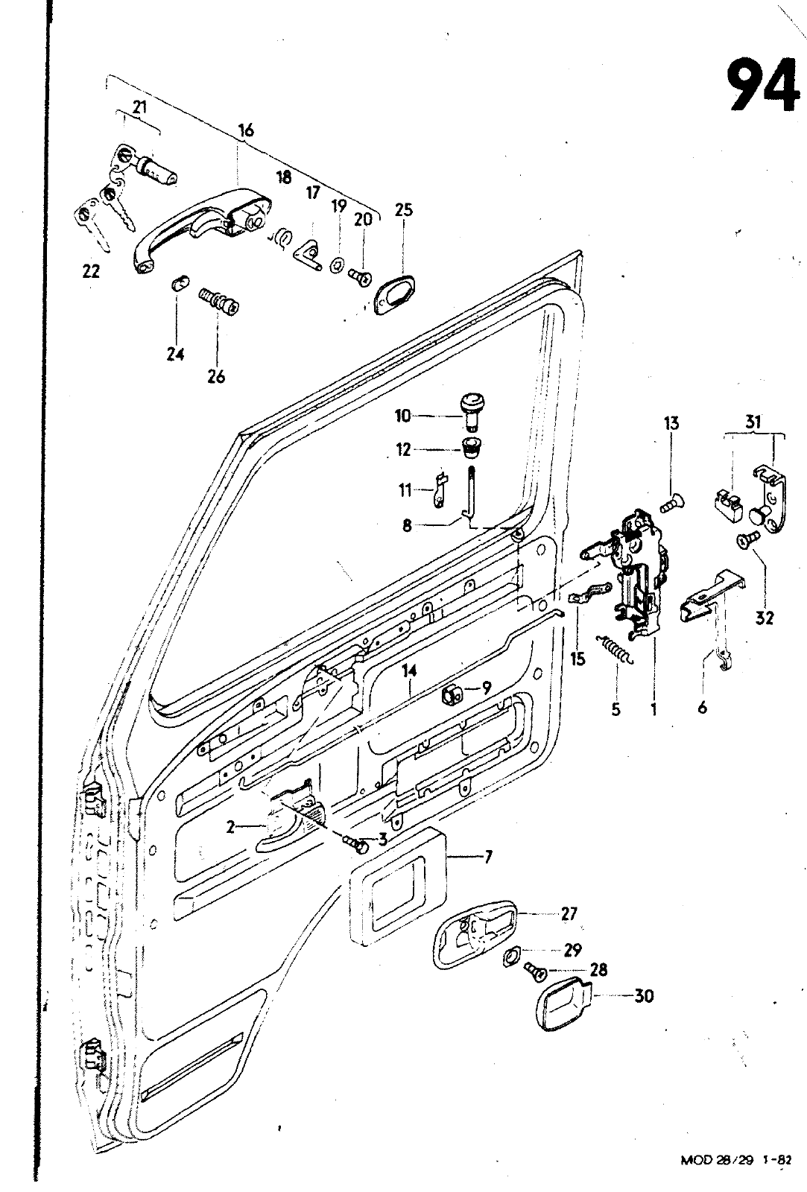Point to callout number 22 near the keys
coord(91,272)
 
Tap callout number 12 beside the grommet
coord(403,450)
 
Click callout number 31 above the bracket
coord(753,422)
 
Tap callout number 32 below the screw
coord(765,618)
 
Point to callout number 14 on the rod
coord(408,670)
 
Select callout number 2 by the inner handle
coord(231,826)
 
